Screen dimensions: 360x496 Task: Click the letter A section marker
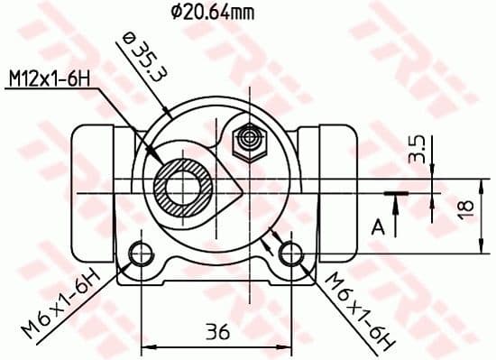coord(379,226)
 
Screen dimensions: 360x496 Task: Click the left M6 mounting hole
coord(140,251)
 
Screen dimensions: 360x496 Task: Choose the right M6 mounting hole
coord(289,251)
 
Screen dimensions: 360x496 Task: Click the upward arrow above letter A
coord(395,202)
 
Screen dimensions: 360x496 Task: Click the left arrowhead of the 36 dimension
coord(146,346)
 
